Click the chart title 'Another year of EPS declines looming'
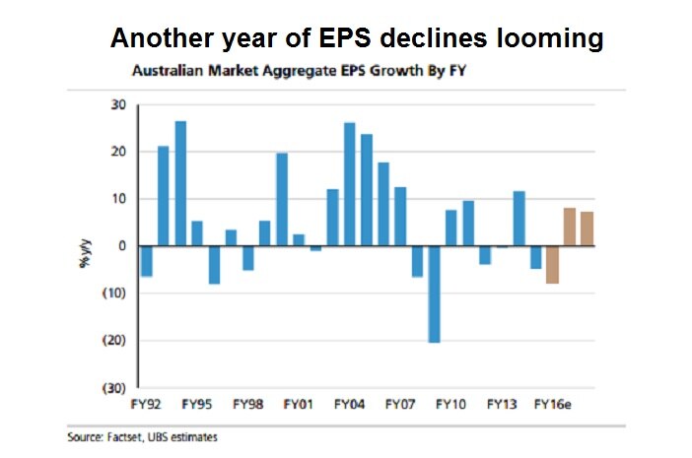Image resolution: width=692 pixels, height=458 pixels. pos(356,38)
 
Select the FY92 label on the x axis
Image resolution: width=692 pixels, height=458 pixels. pos(148,404)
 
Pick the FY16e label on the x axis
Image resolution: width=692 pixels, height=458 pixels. pos(554,404)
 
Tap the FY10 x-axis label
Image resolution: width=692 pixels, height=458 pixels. pos(450,404)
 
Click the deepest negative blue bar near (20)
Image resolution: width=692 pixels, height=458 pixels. pos(434,294)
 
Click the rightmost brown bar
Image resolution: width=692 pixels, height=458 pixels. pos(587,229)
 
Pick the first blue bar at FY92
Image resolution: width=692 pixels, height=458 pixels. pos(147,261)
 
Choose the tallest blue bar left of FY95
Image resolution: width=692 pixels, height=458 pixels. pos(180,183)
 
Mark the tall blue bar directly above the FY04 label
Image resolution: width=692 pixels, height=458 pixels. pos(350,184)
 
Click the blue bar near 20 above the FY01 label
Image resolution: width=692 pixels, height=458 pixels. pos(282,199)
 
